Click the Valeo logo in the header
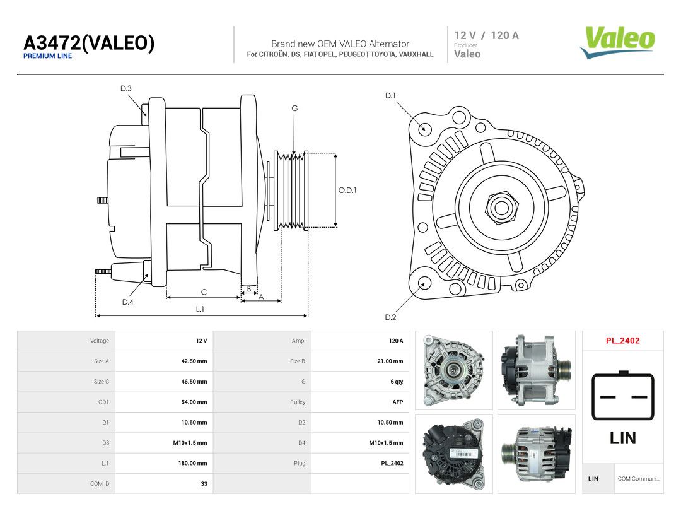point(617,42)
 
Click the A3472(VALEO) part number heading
point(89,43)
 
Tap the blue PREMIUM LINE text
point(48,56)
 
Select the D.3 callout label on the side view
point(126,89)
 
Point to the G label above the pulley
point(294,109)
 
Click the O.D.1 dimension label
point(347,191)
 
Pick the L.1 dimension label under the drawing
point(200,309)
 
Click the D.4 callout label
point(127,302)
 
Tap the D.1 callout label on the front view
point(390,96)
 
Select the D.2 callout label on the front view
point(390,317)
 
